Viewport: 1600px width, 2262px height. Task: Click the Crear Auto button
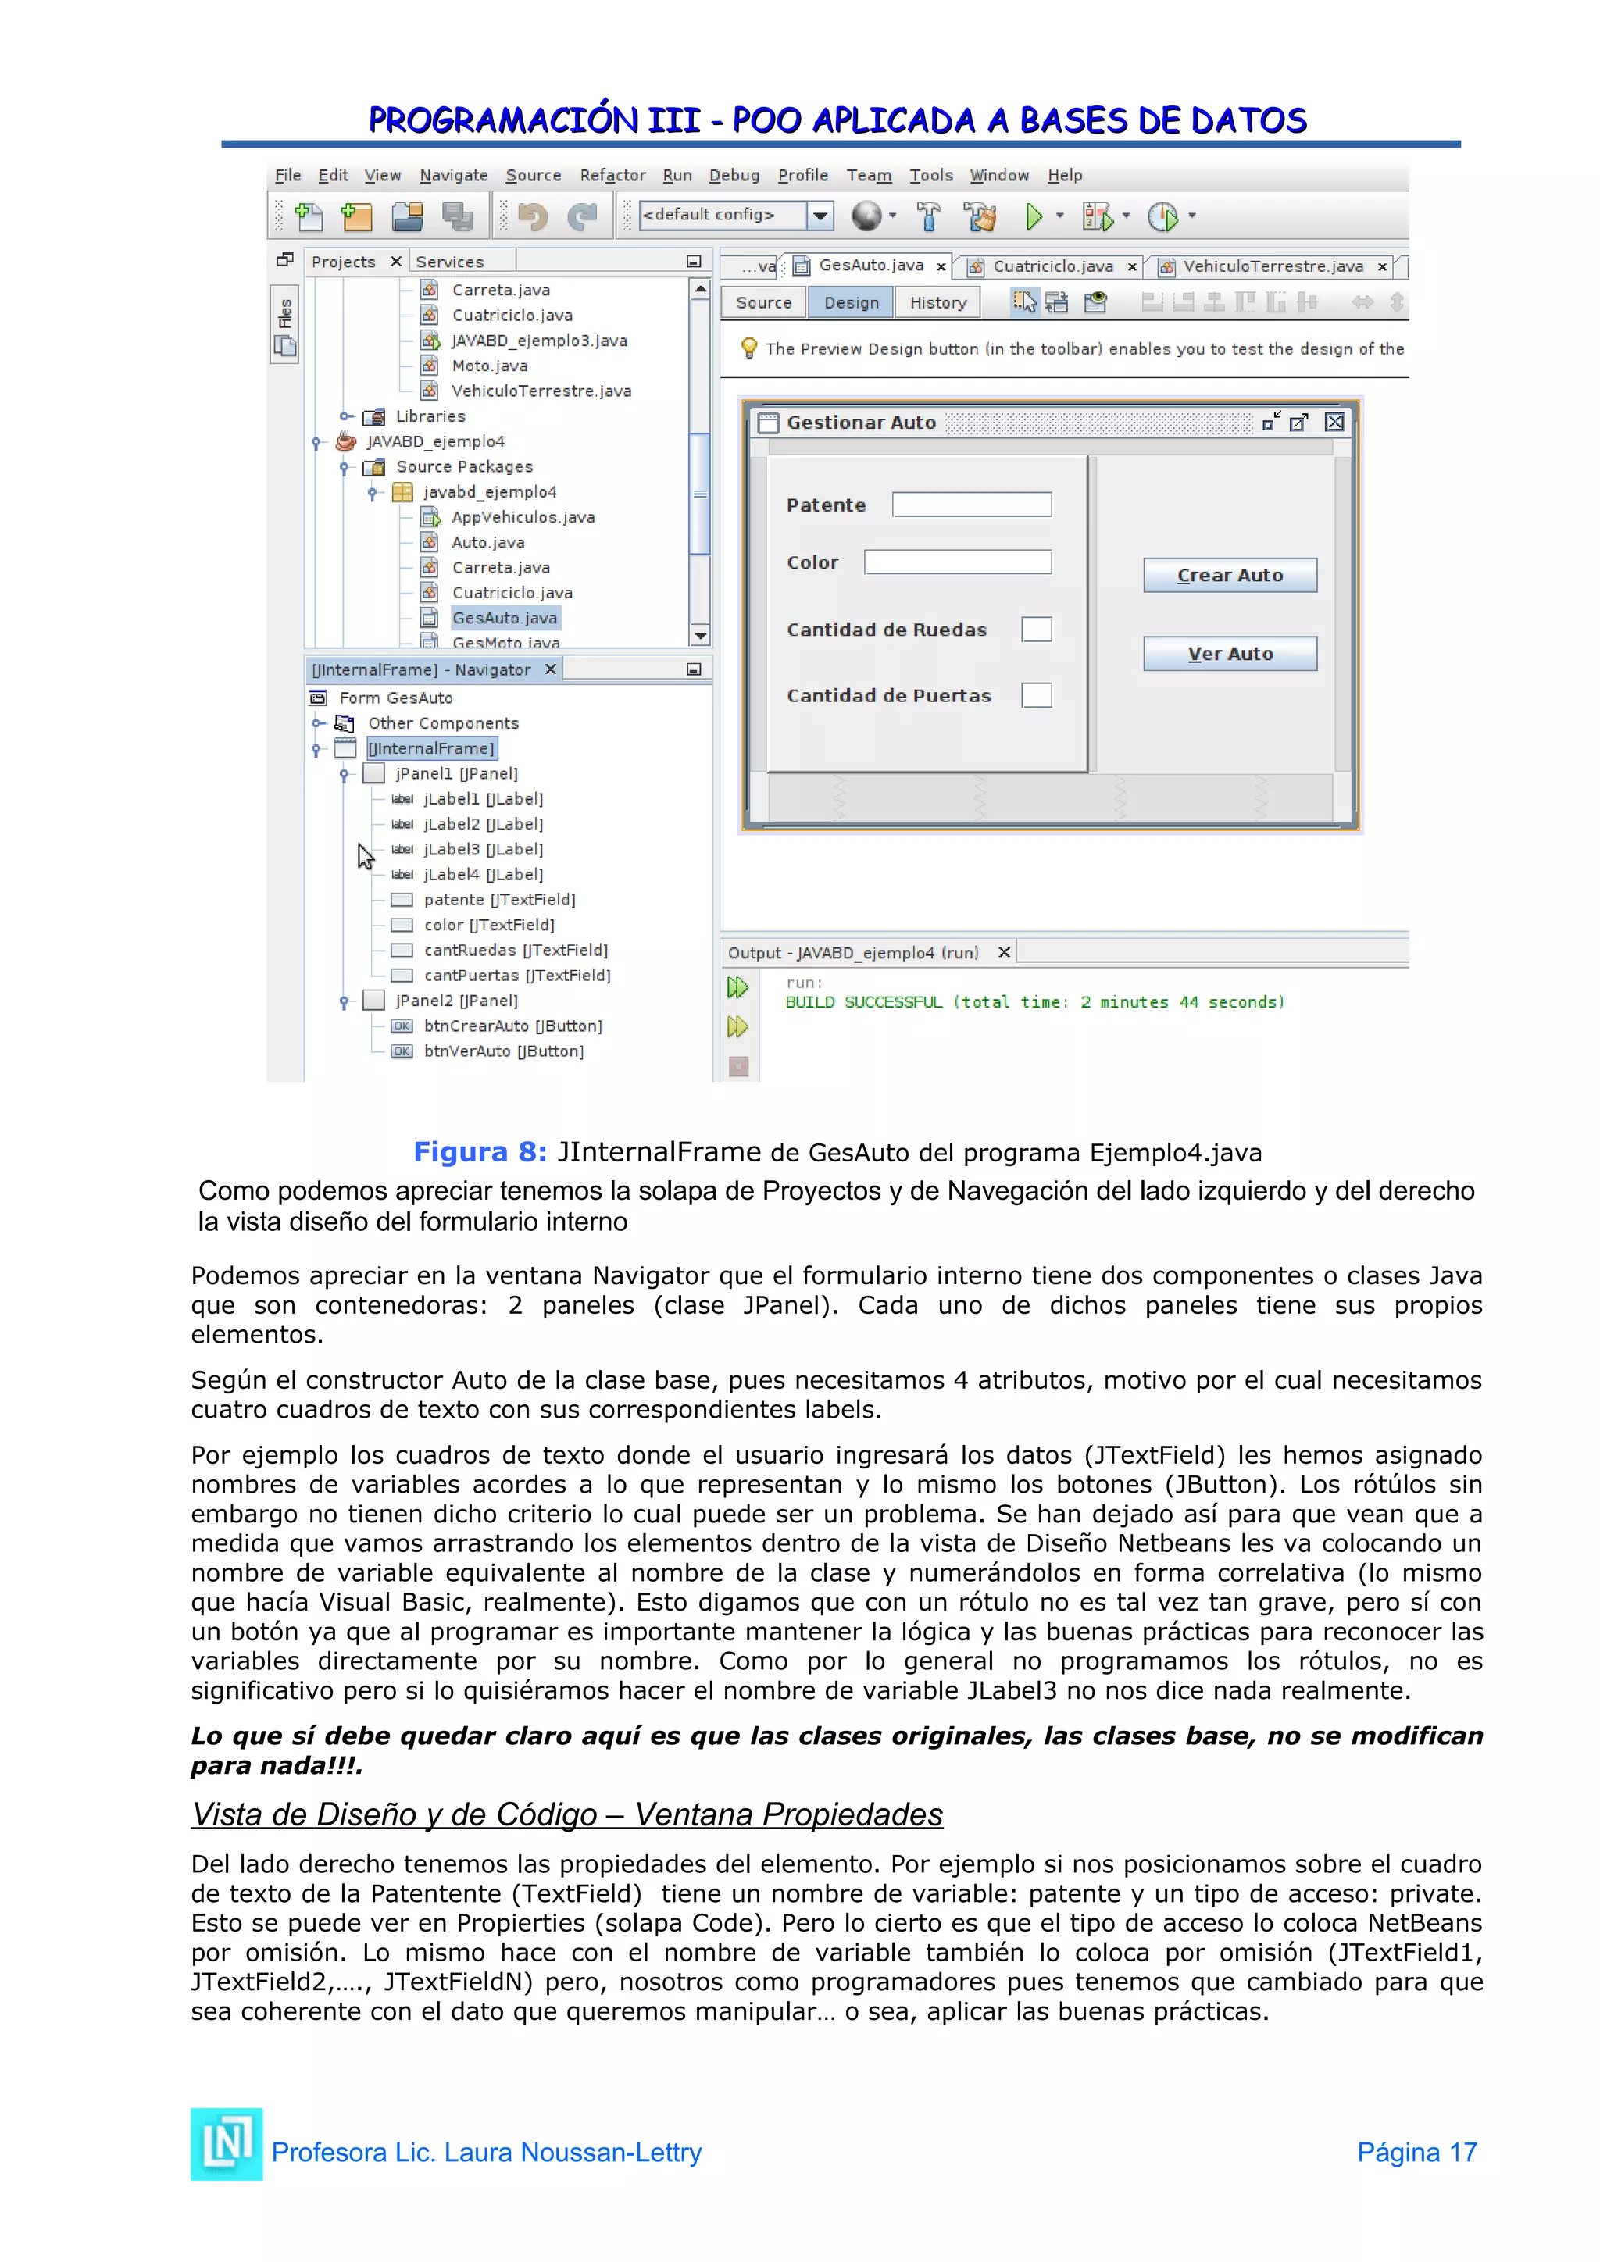pos(1230,576)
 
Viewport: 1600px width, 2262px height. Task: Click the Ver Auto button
pos(1230,655)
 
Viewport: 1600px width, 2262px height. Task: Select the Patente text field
pos(971,505)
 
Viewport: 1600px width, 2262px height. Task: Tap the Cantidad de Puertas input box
pos(1037,695)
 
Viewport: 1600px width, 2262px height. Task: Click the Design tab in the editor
pos(852,302)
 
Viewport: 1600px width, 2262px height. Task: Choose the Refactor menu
pos(612,176)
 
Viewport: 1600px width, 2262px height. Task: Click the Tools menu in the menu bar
pos(930,176)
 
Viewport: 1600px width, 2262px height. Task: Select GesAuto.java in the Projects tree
pos(505,618)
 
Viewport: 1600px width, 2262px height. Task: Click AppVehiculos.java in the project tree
pos(522,517)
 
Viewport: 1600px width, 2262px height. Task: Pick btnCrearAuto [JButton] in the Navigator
pos(512,1026)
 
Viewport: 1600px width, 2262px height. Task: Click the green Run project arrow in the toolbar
pos(1033,216)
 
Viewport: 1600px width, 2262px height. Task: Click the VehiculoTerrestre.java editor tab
pos(1272,266)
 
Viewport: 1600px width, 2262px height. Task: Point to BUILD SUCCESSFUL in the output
pos(863,1002)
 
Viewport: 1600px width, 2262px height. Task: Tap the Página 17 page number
pos(1416,2152)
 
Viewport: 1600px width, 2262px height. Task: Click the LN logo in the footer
pos(227,2144)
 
